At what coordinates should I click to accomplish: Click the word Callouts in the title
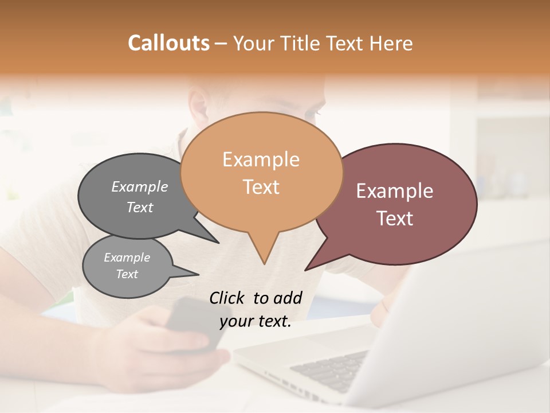coord(168,43)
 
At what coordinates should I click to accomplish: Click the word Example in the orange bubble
coord(261,159)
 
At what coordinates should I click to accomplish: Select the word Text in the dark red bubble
coord(395,219)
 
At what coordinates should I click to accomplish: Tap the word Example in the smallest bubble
coord(127,258)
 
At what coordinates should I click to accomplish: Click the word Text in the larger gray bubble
coord(140,207)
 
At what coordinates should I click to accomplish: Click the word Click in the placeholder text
coord(227,298)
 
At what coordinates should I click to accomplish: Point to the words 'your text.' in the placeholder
coord(256,321)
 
